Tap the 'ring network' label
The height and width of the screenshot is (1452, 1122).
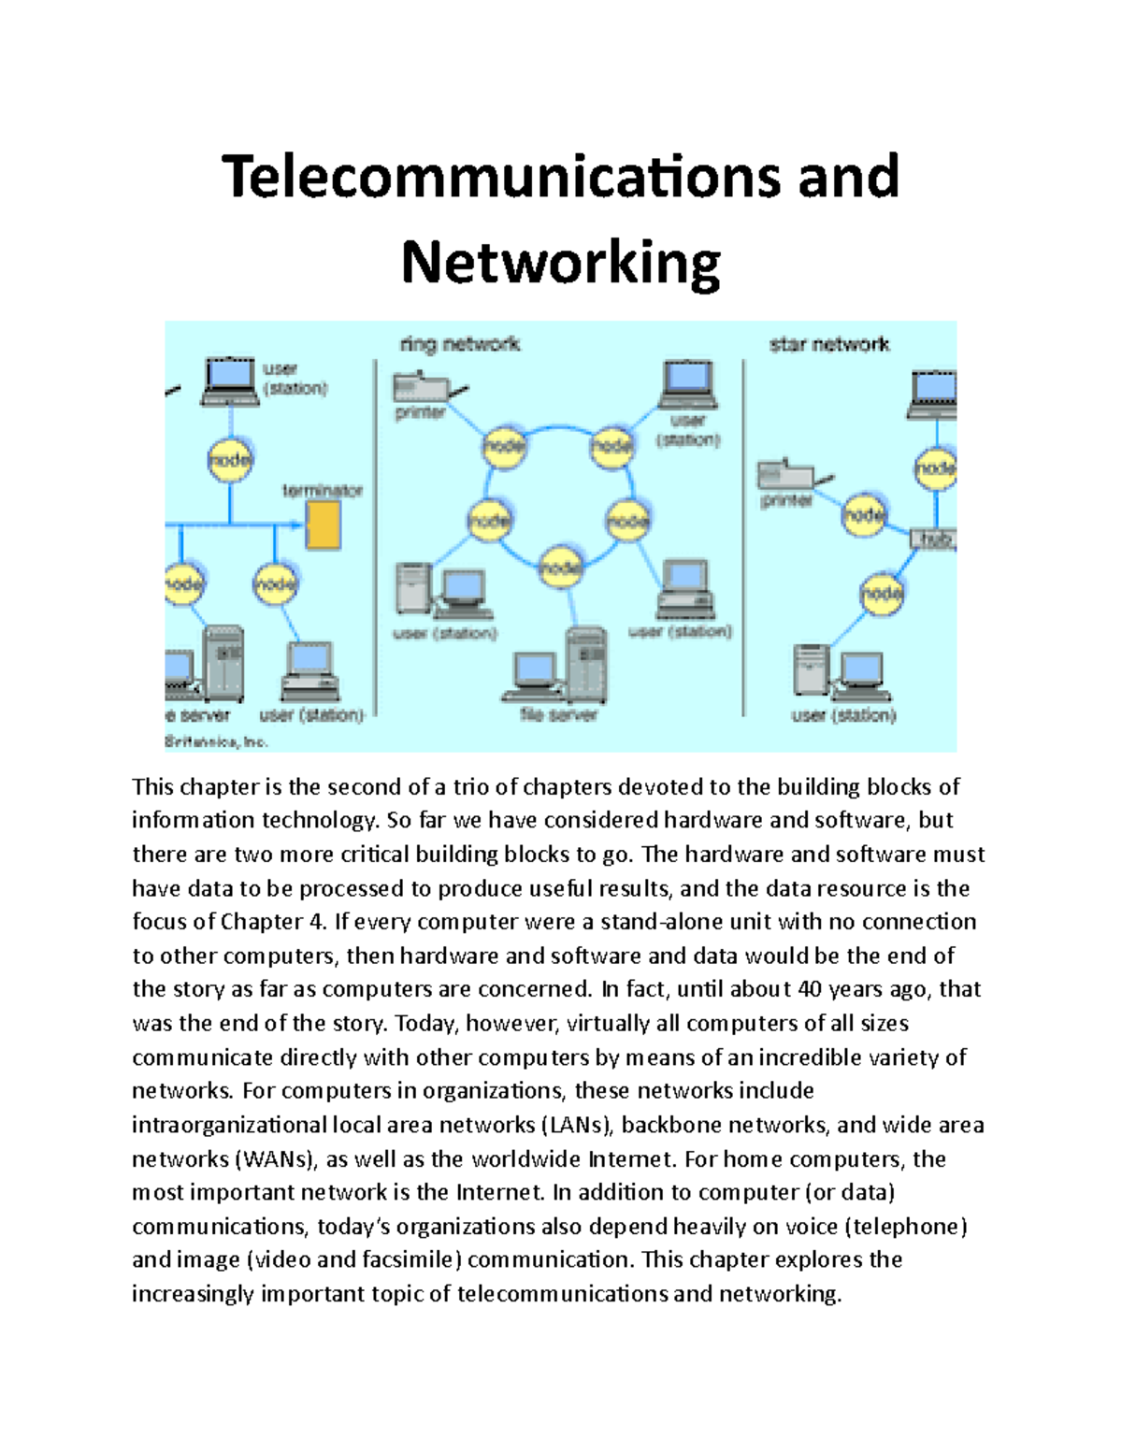point(459,344)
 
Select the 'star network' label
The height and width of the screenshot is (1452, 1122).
point(828,345)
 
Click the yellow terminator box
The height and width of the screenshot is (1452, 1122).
point(324,525)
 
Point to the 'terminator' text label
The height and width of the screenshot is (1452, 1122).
point(323,490)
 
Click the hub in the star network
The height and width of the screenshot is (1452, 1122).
point(934,539)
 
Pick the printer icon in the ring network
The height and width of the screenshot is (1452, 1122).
point(416,386)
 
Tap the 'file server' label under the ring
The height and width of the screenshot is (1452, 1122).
point(558,715)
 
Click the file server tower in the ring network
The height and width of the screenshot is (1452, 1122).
point(586,665)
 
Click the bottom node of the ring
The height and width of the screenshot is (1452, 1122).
point(561,567)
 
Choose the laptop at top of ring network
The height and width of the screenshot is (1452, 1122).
point(689,384)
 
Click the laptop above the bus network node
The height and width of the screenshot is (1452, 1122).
point(230,381)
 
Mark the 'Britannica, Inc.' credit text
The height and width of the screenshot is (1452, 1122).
point(217,742)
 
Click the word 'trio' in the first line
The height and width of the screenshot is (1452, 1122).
point(469,787)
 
